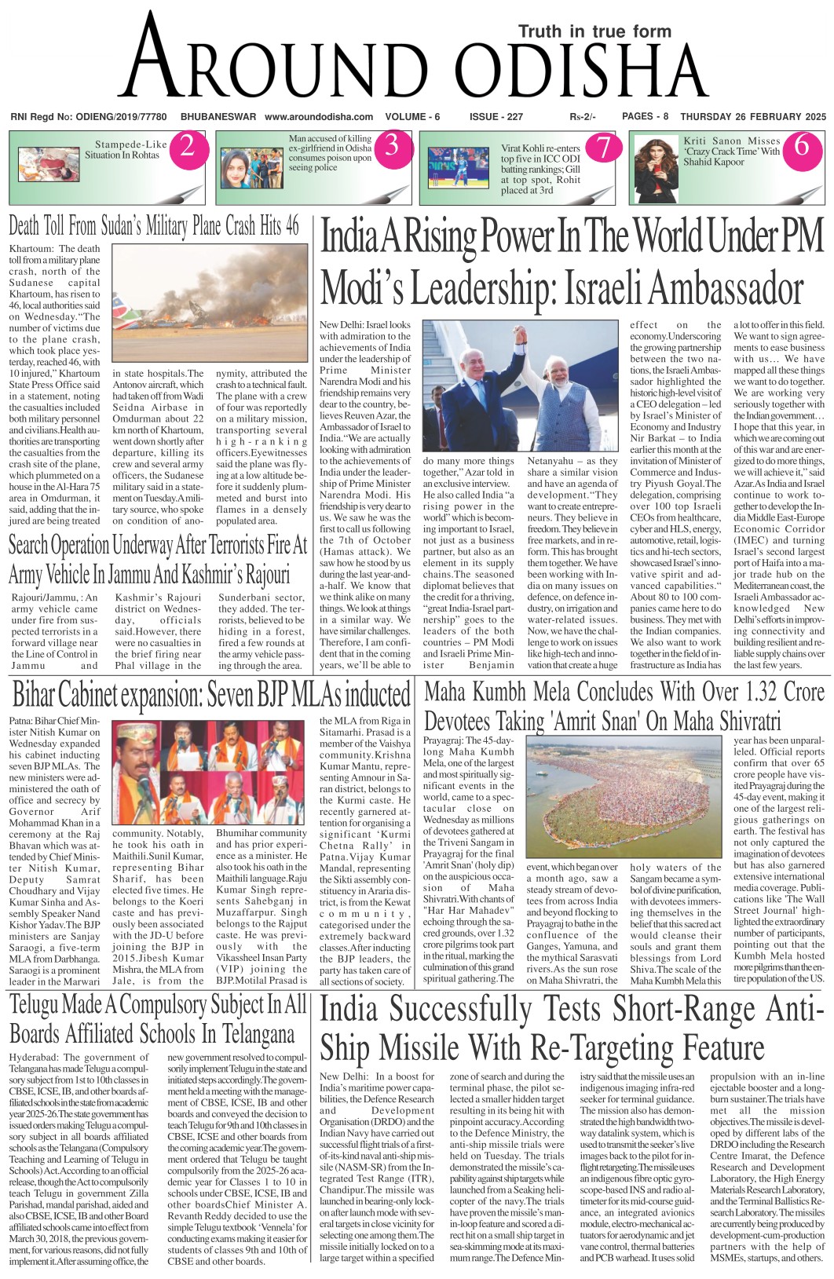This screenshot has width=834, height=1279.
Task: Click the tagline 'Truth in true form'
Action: (x=594, y=31)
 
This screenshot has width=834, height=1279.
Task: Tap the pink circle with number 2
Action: (x=187, y=146)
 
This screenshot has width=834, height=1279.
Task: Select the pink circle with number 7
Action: (x=602, y=147)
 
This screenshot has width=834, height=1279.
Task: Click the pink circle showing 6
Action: (x=802, y=146)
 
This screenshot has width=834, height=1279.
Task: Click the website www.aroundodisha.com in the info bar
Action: (x=319, y=117)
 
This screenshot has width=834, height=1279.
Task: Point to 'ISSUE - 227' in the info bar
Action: (x=496, y=117)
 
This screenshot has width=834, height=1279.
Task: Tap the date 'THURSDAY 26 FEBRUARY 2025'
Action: (x=753, y=117)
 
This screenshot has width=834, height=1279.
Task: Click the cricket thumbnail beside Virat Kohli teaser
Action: (x=456, y=168)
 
